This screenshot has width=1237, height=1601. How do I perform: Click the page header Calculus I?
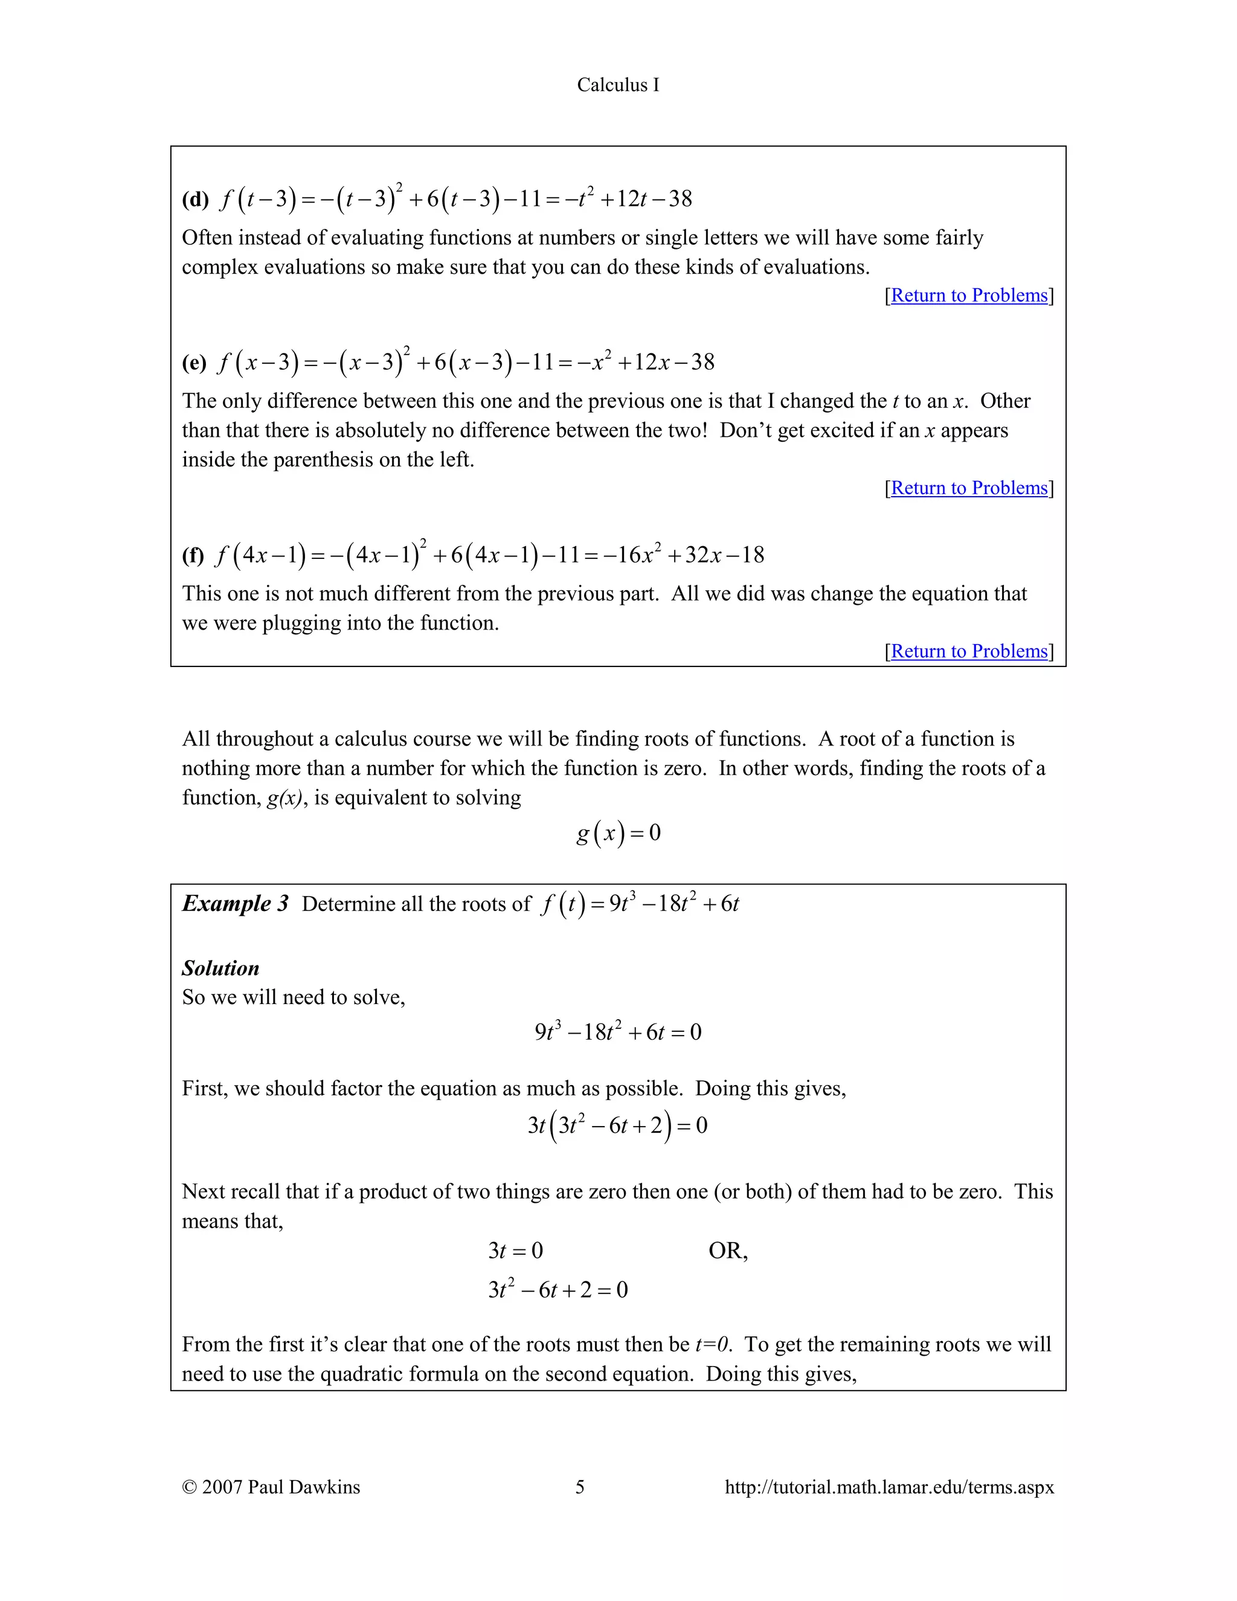click(x=618, y=85)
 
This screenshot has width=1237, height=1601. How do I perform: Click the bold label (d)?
click(x=196, y=199)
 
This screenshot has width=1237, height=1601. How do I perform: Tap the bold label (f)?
click(x=193, y=555)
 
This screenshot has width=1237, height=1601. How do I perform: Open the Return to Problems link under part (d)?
click(x=969, y=295)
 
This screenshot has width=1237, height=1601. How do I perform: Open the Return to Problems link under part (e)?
click(x=969, y=488)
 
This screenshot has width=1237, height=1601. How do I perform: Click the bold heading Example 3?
click(x=235, y=903)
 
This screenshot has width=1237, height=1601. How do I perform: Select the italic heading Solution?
click(x=220, y=968)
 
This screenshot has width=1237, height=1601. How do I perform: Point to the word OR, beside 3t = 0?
click(x=728, y=1251)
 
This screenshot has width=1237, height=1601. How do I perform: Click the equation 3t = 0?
click(x=515, y=1251)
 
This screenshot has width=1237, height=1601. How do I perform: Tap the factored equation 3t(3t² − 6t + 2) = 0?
click(x=617, y=1126)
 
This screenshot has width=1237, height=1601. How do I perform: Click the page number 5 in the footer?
click(x=580, y=1487)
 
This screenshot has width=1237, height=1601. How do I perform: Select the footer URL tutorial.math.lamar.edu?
click(x=889, y=1487)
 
